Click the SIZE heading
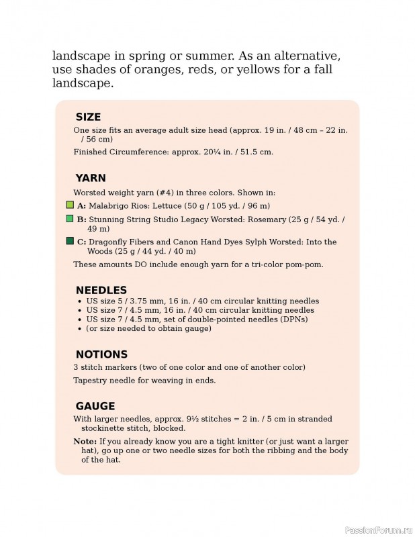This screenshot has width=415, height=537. (x=88, y=117)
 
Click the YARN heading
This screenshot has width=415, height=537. (x=91, y=178)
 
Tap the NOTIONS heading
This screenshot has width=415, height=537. (x=101, y=354)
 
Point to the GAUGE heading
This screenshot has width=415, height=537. (x=95, y=406)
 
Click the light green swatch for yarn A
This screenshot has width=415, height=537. (x=70, y=204)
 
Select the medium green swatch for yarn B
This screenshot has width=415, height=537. (x=70, y=219)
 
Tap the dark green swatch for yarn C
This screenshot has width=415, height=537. (x=70, y=241)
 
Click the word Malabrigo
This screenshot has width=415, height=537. (x=110, y=205)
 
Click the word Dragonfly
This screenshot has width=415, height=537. (x=109, y=242)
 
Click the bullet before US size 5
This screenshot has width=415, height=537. (x=80, y=301)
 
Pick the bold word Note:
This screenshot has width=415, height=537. (x=85, y=442)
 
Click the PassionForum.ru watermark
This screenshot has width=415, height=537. (x=377, y=530)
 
